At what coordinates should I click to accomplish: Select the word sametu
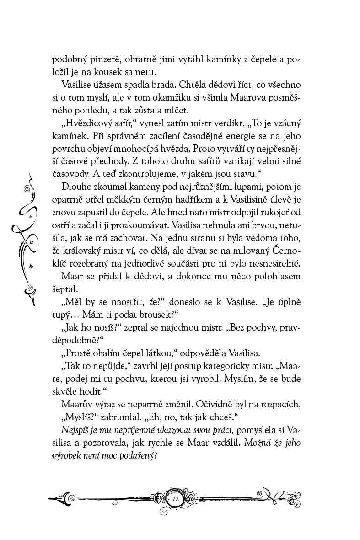pos(144,72)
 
